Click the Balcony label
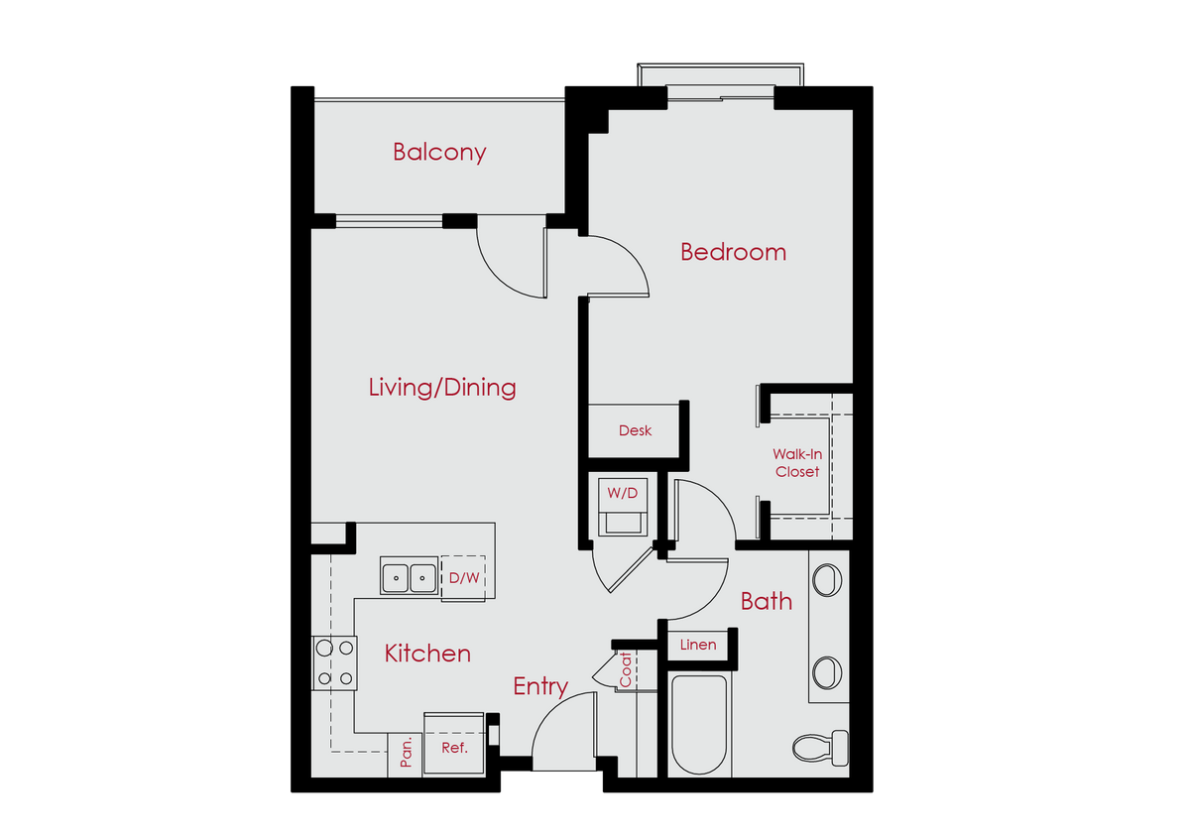tap(439, 153)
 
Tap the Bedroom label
tap(733, 252)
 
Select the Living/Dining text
tap(442, 387)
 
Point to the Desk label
tap(635, 431)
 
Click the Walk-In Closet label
tap(797, 463)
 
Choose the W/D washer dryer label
tap(622, 493)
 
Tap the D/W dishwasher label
tap(463, 577)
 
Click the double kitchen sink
tap(409, 576)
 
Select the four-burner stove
tap(334, 662)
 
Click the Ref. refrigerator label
tap(454, 748)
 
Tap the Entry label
tap(540, 686)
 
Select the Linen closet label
tap(698, 645)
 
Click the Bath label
tap(767, 601)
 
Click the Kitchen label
tap(427, 654)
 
